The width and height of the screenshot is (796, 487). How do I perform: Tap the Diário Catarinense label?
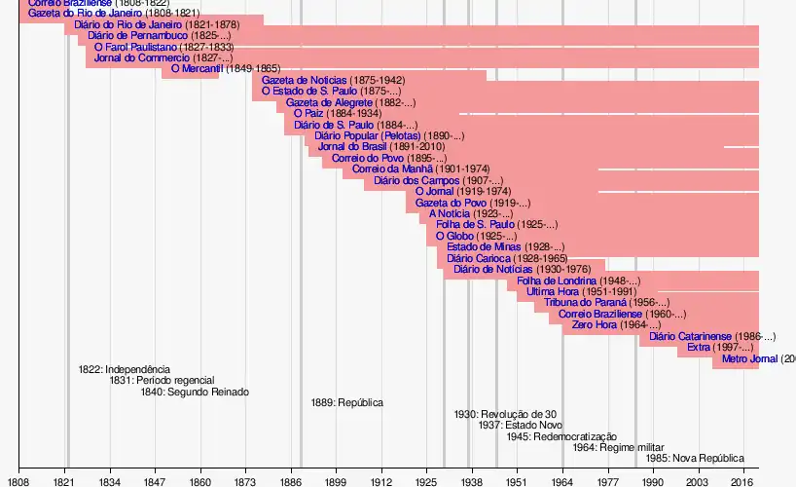[711, 336]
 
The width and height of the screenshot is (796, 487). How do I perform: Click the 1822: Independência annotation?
[125, 369]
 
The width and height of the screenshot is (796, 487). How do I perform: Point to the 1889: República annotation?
[347, 402]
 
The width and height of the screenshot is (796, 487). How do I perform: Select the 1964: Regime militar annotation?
[609, 447]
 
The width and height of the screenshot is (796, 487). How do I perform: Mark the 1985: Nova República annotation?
[695, 458]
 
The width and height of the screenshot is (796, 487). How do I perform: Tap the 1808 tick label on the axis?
[18, 481]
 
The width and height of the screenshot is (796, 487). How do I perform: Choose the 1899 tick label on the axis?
[336, 481]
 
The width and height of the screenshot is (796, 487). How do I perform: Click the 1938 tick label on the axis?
[472, 481]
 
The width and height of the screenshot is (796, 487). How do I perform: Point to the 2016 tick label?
[743, 481]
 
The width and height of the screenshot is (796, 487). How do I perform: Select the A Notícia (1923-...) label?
[470, 213]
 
